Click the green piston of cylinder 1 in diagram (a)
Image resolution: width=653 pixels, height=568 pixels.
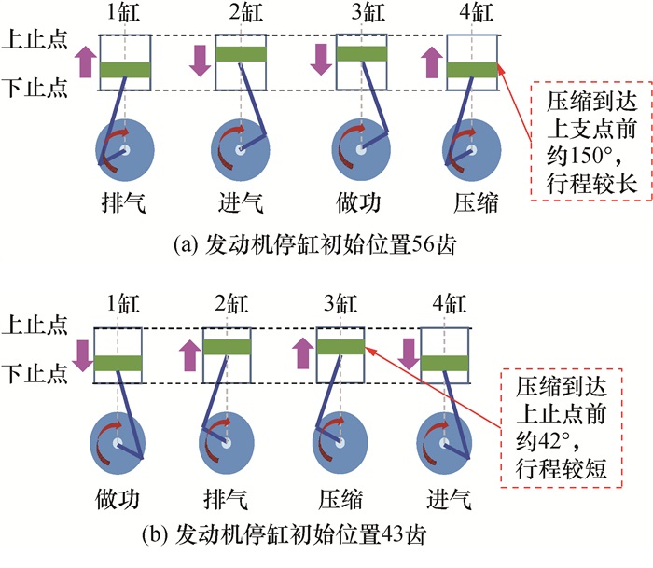click(124, 69)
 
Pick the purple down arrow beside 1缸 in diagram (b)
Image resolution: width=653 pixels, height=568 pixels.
click(83, 353)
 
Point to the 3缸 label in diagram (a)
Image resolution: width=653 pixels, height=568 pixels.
click(356, 16)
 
